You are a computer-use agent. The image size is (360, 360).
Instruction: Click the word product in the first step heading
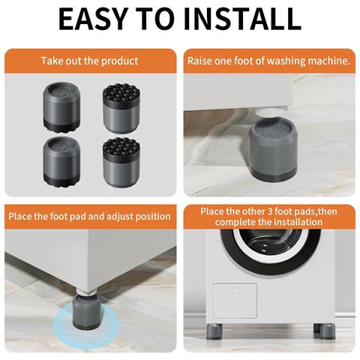119,61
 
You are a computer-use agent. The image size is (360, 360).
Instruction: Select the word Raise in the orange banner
199,61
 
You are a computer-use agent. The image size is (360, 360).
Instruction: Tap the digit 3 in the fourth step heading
269,211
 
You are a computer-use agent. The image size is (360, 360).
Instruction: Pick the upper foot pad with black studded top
121,109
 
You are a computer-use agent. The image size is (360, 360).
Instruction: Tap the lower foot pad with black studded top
121,163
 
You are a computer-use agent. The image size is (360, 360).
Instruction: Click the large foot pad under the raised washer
273,149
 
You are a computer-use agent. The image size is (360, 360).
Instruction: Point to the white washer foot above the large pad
268,113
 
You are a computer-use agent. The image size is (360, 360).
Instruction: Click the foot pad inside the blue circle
86,312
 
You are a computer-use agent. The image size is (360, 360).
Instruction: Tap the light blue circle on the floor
86,325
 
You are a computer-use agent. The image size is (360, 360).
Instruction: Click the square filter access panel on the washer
235,301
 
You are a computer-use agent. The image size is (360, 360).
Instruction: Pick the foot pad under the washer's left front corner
214,331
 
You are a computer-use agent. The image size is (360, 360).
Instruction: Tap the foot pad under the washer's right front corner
325,331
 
